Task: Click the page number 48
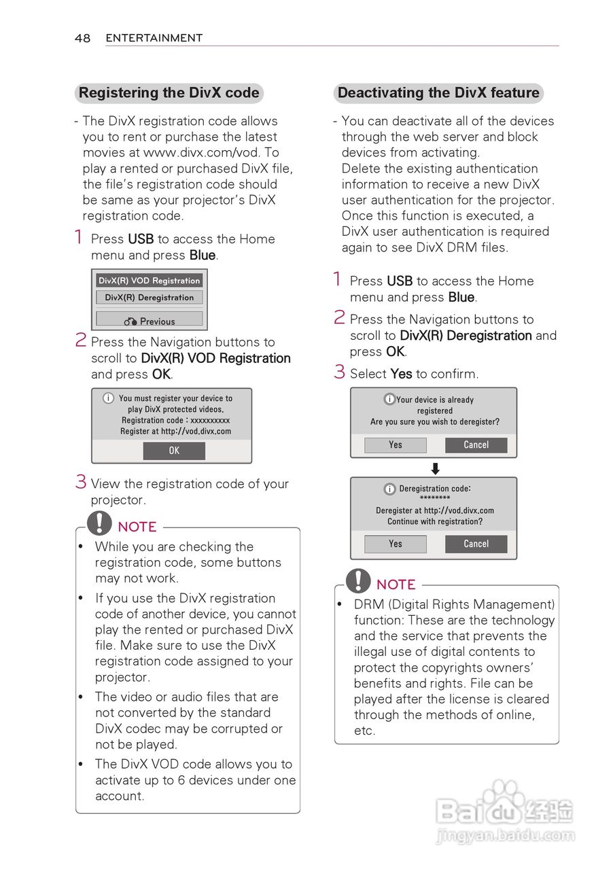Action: coord(82,38)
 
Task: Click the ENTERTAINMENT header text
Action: coord(154,38)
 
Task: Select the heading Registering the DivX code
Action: coord(169,93)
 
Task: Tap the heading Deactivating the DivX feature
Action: coord(438,93)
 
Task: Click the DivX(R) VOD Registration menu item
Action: coord(150,281)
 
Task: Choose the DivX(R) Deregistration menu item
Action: coord(150,298)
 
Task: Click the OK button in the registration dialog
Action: coord(174,451)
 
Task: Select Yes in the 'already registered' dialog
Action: coord(396,445)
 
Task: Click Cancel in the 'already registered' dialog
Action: coord(476,445)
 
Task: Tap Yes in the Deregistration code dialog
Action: coord(396,544)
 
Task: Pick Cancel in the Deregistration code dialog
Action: coord(476,544)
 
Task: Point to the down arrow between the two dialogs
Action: coord(436,468)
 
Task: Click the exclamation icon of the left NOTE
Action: coord(99,523)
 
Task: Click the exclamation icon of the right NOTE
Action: coord(358,580)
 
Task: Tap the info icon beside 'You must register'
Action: coord(108,398)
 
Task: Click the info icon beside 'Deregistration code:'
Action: coord(389,489)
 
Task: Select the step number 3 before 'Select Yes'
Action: coord(340,372)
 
